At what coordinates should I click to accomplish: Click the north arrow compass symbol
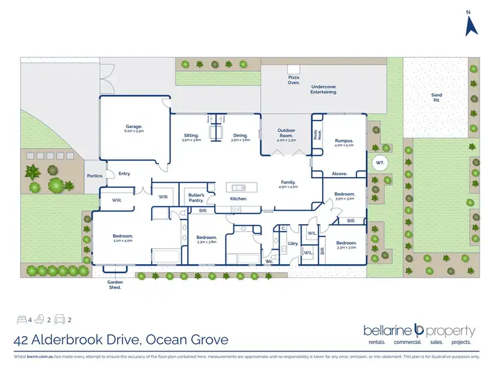472,25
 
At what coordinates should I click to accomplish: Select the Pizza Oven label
293,81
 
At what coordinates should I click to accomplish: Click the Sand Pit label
436,98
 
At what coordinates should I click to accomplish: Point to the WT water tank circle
379,162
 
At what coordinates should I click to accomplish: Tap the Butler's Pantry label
196,197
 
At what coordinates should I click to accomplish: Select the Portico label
93,176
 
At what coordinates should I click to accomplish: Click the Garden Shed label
115,284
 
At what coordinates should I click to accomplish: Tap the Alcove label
340,174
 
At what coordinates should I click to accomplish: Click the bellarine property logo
419,333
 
